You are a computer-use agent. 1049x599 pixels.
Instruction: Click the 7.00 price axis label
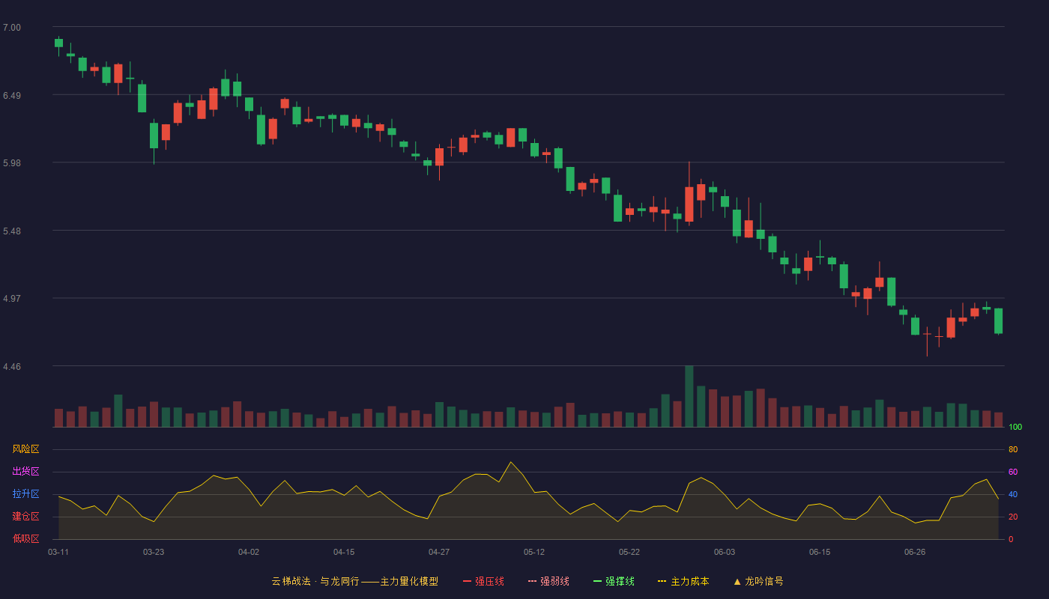click(x=12, y=28)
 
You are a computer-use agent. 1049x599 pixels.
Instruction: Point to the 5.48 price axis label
click(x=12, y=231)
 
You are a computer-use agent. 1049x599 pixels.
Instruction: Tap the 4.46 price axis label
click(x=12, y=366)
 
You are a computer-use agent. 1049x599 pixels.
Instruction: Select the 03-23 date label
click(x=154, y=553)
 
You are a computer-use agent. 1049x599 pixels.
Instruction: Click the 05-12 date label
click(x=533, y=553)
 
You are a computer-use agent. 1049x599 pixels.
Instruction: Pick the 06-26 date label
click(x=915, y=553)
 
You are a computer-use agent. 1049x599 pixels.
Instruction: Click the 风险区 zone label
click(x=25, y=449)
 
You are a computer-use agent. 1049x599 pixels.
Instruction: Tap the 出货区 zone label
click(x=25, y=471)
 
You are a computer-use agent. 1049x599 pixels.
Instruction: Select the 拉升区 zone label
click(x=25, y=493)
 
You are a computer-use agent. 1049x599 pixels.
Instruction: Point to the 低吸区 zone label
click(x=25, y=538)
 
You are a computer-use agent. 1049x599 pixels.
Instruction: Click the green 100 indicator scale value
click(x=1015, y=427)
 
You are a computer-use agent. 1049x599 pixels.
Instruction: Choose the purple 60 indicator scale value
click(x=1013, y=472)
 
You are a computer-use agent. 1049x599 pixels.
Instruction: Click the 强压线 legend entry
click(x=483, y=581)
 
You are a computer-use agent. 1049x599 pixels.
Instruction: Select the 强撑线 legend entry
click(x=614, y=581)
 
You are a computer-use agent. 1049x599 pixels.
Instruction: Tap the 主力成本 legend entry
click(x=683, y=581)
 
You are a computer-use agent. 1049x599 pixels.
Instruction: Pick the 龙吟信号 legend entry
click(x=758, y=581)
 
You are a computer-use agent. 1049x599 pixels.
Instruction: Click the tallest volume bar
click(x=689, y=396)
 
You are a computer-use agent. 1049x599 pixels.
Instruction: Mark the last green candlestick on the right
click(x=998, y=321)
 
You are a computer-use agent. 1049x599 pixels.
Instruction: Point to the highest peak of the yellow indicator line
click(x=511, y=463)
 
